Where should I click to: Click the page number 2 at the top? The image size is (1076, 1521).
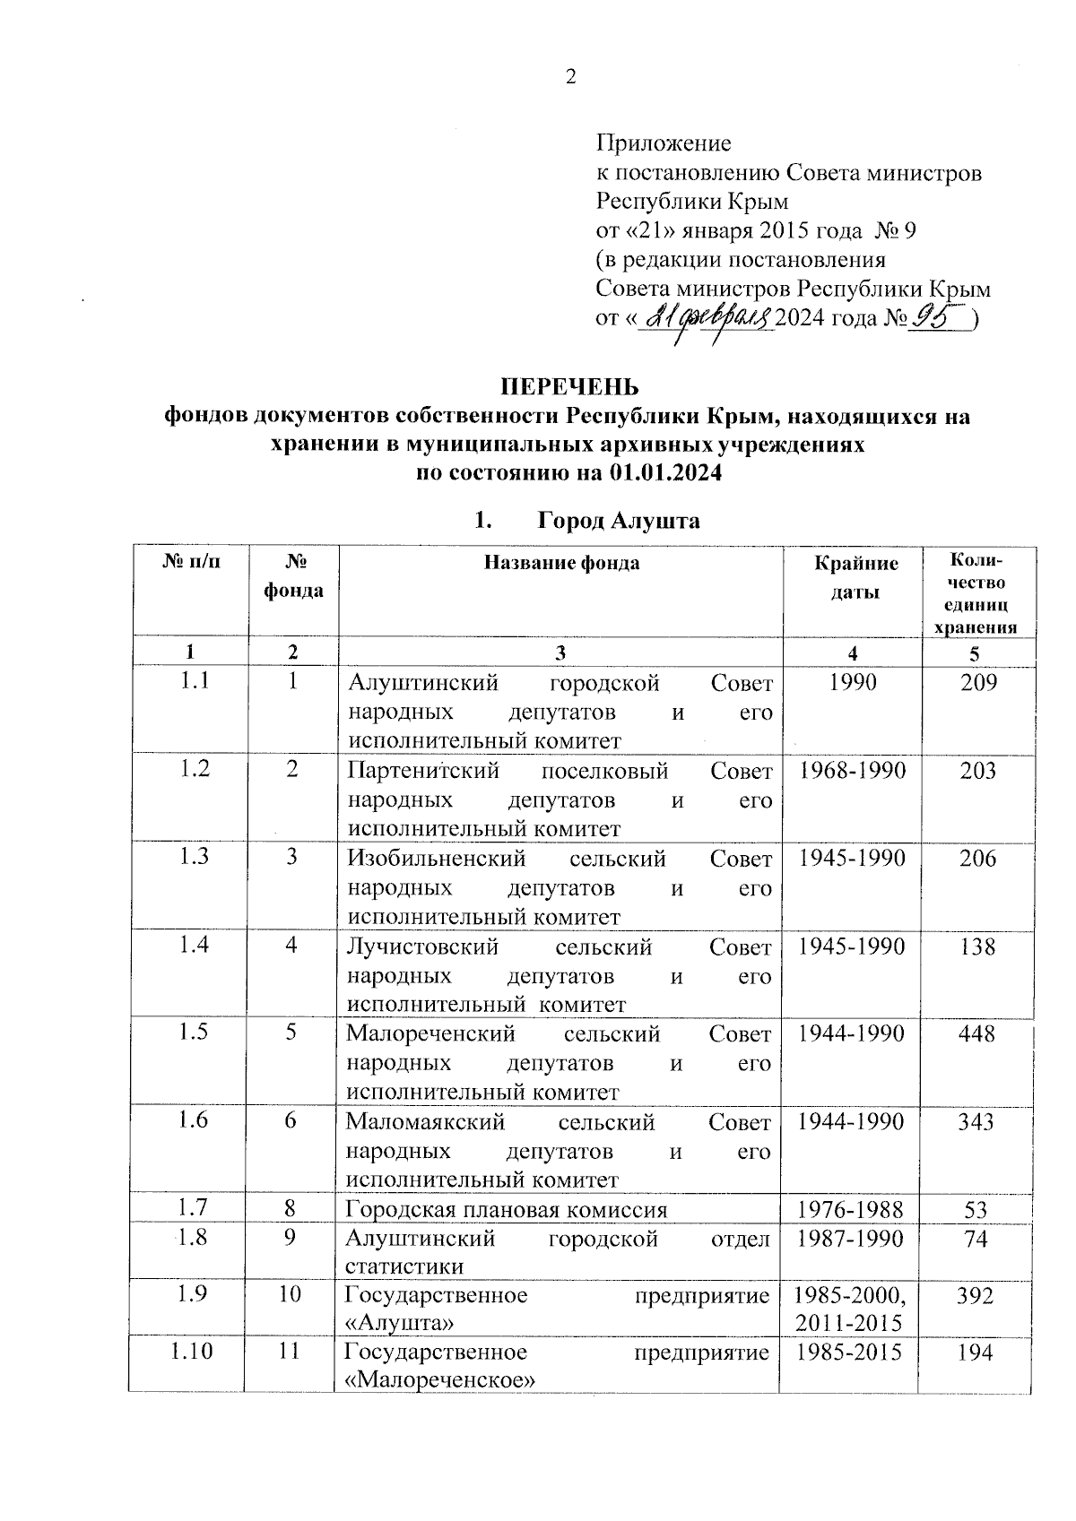[x=570, y=77]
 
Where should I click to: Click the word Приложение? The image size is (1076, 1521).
[x=664, y=143]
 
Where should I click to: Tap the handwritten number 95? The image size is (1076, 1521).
[x=936, y=317]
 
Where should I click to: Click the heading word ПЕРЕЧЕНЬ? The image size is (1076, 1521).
[x=569, y=387]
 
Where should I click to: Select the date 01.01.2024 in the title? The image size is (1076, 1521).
[x=665, y=474]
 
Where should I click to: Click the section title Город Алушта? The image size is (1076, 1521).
[x=619, y=521]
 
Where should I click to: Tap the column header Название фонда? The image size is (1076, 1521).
[x=561, y=564]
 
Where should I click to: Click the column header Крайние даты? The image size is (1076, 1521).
[x=856, y=577]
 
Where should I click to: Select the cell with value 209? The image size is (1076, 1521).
[x=978, y=684]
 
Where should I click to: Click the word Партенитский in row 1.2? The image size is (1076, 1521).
[x=423, y=771]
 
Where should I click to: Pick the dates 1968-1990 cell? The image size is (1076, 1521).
[x=852, y=771]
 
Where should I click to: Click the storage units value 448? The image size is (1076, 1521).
[x=976, y=1034]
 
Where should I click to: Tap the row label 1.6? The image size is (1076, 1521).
[x=194, y=1120]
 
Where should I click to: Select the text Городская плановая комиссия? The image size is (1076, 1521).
[x=507, y=1210]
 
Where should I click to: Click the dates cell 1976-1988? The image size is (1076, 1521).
[x=850, y=1210]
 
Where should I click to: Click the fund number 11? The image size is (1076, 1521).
[x=289, y=1351]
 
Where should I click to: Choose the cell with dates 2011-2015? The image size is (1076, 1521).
[x=848, y=1323]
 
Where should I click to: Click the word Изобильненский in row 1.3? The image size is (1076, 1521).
[x=437, y=859]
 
